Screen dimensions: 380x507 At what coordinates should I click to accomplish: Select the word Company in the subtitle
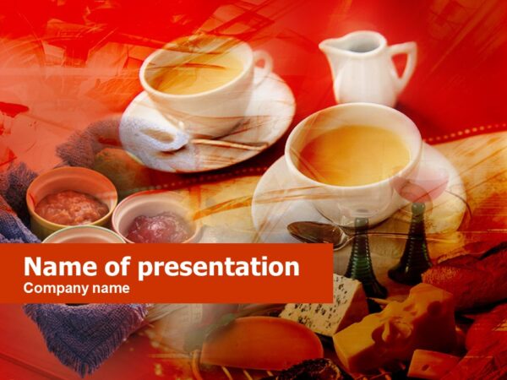pyautogui.click(x=53, y=289)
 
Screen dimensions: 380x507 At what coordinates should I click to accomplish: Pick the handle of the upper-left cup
pyautogui.click(x=262, y=63)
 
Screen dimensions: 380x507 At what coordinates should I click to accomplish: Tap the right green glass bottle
pyautogui.click(x=412, y=249)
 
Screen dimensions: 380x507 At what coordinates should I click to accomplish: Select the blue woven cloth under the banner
pyautogui.click(x=84, y=334)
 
